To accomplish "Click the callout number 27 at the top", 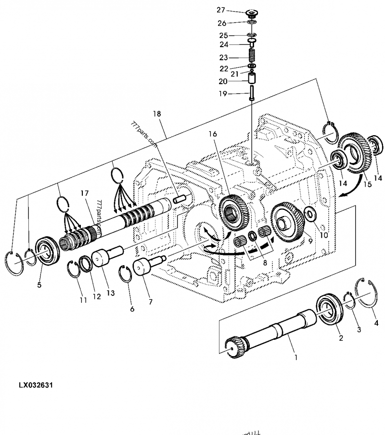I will [221, 10].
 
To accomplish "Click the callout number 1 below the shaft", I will [295, 357].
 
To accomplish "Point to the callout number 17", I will [85, 193].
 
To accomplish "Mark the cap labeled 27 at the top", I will [251, 13].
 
